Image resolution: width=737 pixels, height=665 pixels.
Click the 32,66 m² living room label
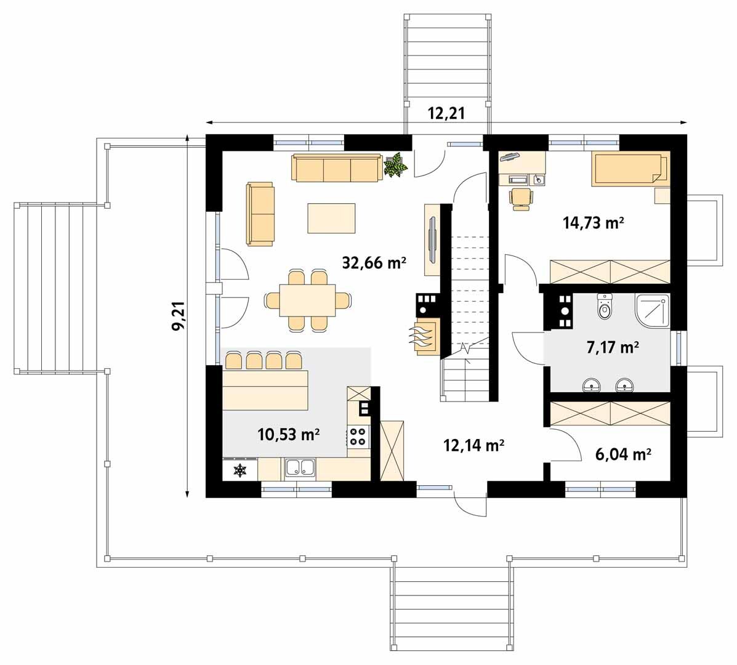tap(374, 263)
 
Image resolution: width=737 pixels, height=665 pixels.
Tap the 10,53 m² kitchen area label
tap(289, 434)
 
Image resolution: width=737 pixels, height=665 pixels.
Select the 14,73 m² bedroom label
tap(593, 222)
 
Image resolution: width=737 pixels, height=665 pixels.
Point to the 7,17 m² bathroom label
tap(613, 347)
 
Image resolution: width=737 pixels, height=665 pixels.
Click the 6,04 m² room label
tap(622, 454)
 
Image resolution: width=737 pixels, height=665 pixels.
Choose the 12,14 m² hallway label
tap(474, 445)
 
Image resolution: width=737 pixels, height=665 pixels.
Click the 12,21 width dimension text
tap(446, 113)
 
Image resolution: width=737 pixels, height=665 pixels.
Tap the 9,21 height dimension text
tap(179, 316)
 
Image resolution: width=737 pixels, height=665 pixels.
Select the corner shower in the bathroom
tap(653, 311)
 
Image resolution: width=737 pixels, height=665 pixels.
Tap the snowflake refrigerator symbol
tap(240, 469)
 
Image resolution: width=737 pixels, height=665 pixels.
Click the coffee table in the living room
tap(331, 218)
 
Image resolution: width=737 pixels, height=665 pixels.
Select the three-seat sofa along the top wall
tap(337, 168)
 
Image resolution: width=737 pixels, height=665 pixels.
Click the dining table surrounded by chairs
tap(307, 300)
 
